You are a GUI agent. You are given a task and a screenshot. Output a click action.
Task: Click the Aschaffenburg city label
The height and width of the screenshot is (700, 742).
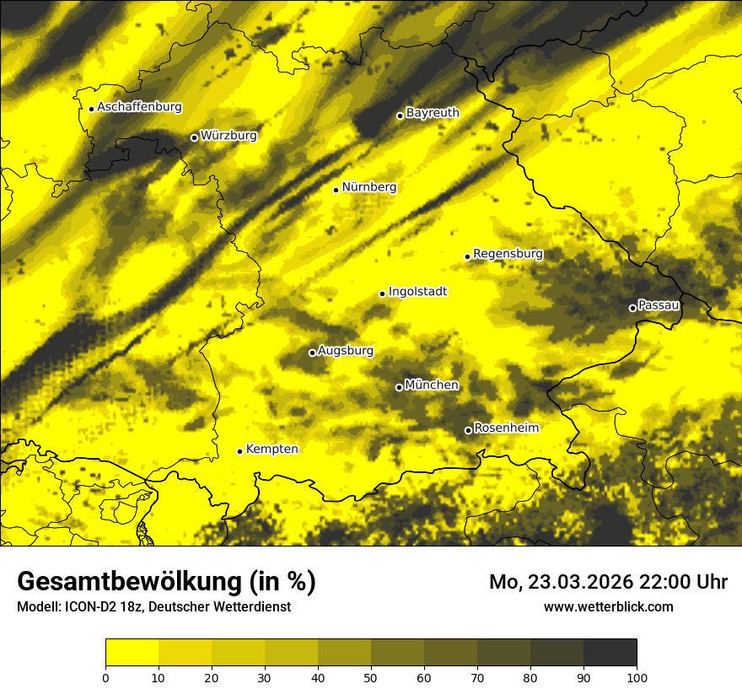139,107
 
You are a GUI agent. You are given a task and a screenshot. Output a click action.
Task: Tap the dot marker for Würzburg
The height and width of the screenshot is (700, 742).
194,137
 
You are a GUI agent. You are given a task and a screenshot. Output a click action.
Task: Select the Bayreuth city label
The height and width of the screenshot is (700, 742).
433,112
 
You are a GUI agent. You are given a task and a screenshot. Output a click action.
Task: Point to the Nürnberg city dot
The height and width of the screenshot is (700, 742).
336,190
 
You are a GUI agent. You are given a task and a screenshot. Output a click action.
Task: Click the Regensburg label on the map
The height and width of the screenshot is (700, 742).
508,253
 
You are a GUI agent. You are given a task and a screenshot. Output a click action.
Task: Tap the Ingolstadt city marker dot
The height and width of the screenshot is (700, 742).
382,293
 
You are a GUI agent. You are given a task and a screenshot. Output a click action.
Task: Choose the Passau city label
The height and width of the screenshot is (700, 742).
659,304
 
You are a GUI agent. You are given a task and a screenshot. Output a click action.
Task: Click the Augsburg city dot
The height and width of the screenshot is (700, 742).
312,353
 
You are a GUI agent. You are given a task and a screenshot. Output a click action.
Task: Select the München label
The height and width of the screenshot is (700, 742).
432,385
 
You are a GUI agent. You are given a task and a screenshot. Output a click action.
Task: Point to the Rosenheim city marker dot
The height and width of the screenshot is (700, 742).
468,431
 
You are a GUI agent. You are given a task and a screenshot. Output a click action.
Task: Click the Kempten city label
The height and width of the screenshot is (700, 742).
272,449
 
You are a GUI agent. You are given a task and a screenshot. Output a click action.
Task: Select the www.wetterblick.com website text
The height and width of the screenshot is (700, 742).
608,606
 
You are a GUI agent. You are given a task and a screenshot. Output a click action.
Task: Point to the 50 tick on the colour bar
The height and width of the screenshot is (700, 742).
371,677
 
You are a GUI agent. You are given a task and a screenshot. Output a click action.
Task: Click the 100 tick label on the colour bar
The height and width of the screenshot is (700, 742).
637,677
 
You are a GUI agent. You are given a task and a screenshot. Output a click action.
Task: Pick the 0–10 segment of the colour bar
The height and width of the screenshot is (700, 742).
132,653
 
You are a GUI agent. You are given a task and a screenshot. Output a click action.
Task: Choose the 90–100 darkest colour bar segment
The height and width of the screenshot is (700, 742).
610,653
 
